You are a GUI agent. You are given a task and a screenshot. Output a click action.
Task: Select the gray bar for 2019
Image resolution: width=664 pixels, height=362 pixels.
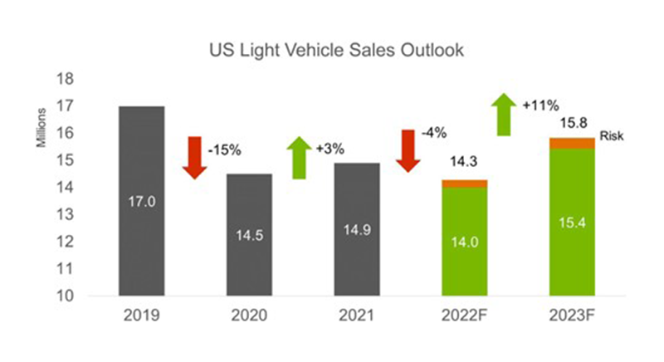(140, 199)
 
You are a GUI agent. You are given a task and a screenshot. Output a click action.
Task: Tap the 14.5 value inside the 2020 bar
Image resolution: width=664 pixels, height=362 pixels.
(248, 235)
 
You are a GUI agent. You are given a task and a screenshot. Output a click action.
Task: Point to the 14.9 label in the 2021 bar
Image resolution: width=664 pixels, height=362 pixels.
(356, 230)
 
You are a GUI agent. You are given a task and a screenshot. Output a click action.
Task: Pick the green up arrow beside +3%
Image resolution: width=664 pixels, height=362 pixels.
(298, 158)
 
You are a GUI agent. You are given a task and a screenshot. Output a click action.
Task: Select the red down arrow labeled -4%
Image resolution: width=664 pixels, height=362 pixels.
(407, 150)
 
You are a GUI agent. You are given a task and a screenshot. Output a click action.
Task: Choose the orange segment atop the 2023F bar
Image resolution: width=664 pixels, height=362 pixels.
(572, 143)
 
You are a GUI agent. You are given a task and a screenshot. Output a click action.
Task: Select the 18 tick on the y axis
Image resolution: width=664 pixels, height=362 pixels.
(65, 79)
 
